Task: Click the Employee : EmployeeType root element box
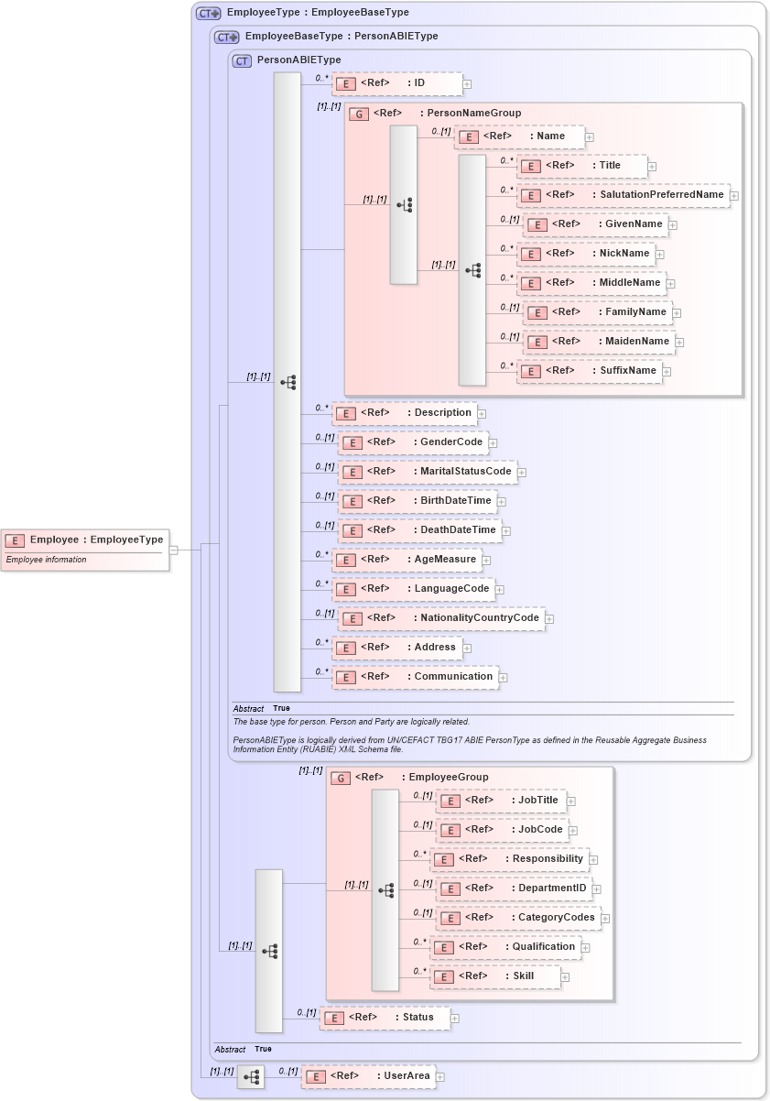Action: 85,540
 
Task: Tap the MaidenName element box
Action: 599,342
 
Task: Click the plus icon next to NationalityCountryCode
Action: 549,619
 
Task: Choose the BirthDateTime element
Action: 418,501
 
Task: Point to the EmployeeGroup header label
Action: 448,778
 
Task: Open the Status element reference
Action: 385,1018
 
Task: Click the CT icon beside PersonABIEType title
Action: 243,61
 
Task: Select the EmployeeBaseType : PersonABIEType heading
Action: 341,37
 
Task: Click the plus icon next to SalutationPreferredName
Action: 734,196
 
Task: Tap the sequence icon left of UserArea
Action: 251,1077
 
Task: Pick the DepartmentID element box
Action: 514,888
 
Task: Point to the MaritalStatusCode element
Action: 427,472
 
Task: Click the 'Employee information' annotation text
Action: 47,560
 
